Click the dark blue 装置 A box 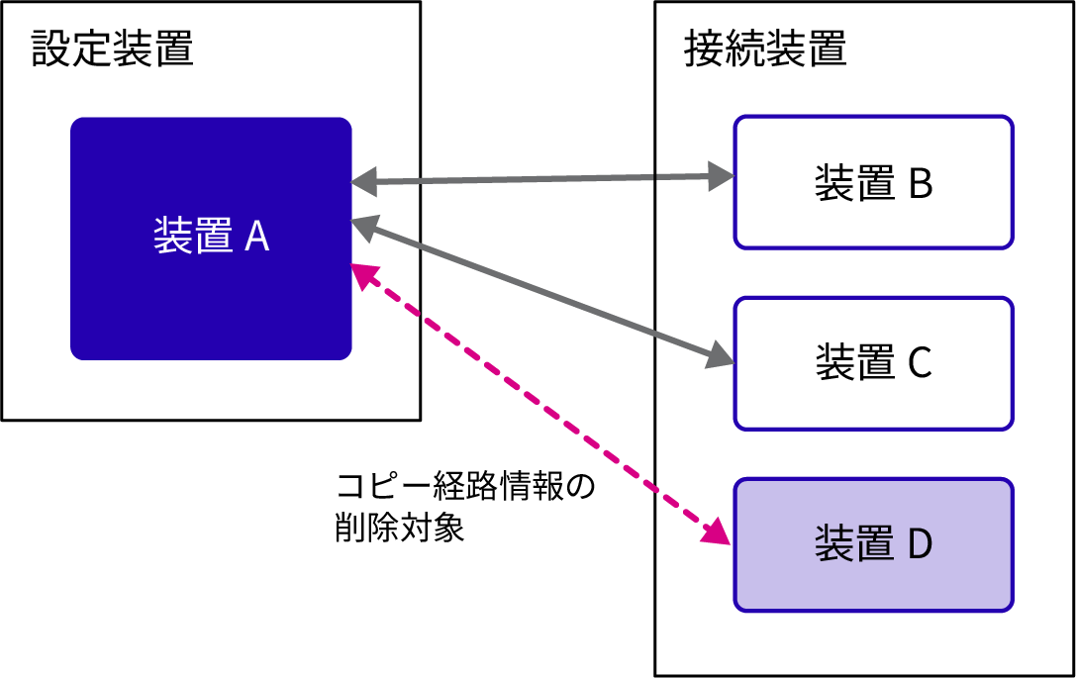211,297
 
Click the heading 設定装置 112,48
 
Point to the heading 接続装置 765,48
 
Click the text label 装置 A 211,238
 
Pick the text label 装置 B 873,184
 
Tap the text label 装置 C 873,363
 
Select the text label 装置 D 873,545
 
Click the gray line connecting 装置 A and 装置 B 539,180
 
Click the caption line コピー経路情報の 465,488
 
